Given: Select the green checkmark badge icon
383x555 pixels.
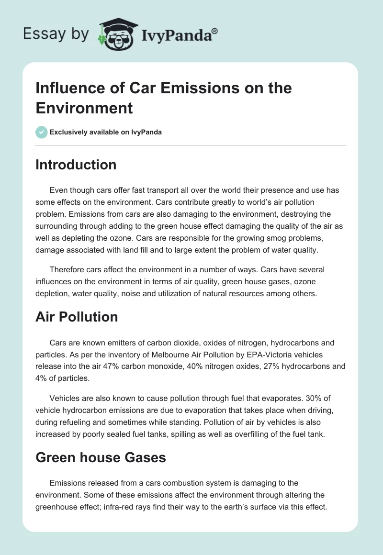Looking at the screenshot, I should pyautogui.click(x=42, y=132).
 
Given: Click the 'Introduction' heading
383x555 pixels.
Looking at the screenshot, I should pyautogui.click(x=76, y=165).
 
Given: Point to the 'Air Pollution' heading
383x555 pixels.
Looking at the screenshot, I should pyautogui.click(x=77, y=316).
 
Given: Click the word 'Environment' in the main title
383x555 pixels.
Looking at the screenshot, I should pyautogui.click(x=84, y=108).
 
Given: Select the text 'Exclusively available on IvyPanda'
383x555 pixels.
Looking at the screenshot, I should pyautogui.click(x=106, y=133).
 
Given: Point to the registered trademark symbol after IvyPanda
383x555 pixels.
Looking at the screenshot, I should pyautogui.click(x=215, y=30).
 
